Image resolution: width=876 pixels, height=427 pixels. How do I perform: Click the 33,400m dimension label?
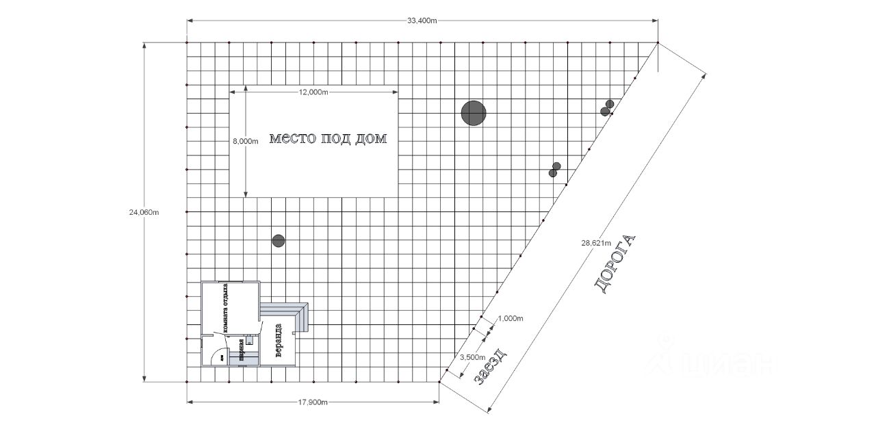click(422, 21)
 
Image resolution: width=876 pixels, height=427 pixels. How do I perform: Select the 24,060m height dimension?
click(144, 211)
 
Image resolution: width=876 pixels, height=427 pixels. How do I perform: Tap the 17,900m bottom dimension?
click(313, 402)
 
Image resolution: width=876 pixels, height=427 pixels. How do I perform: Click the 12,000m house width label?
click(313, 92)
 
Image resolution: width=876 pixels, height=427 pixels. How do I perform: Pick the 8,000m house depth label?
click(246, 141)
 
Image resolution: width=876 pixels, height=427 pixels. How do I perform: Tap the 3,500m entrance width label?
click(472, 357)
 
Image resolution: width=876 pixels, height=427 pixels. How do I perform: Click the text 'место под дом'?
click(328, 139)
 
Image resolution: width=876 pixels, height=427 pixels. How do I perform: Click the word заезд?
click(490, 365)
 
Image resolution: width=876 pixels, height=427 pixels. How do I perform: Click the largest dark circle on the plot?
click(473, 113)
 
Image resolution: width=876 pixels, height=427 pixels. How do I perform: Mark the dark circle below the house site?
click(278, 241)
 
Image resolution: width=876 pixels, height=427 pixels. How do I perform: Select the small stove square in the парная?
click(250, 340)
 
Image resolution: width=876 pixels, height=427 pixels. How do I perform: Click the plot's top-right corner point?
click(658, 42)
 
